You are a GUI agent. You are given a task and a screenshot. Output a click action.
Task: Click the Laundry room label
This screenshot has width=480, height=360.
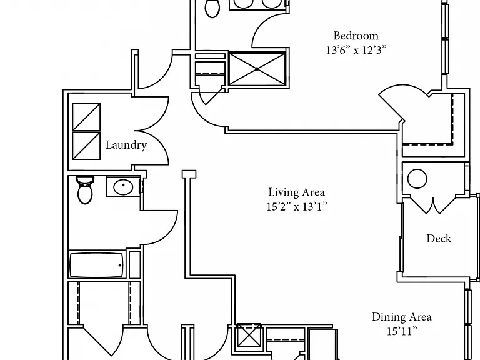(x=126, y=145)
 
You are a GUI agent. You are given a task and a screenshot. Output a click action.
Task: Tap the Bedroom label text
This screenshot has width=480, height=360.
(x=356, y=36)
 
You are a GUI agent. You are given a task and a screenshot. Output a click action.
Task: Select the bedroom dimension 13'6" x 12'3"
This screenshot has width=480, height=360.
(x=356, y=50)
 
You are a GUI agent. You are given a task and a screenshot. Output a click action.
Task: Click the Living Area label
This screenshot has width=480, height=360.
(x=296, y=192)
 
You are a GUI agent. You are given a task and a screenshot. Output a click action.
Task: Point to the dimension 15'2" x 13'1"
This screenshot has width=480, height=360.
(x=297, y=207)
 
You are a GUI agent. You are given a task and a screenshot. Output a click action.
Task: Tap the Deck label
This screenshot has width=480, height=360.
(x=439, y=239)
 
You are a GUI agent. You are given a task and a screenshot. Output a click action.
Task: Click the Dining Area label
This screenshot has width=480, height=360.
(x=402, y=317)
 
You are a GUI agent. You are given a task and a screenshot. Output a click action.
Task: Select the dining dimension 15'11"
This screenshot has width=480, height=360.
(x=402, y=331)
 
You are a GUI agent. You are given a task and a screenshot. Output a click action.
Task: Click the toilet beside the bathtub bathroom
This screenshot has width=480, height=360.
(x=85, y=190)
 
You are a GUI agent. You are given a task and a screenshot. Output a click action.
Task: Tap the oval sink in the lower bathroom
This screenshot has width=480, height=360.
(x=123, y=186)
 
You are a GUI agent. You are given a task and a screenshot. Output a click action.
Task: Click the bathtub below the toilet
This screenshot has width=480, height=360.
(x=97, y=264)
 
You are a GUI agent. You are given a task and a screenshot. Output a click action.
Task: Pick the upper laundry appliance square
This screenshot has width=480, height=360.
(x=86, y=117)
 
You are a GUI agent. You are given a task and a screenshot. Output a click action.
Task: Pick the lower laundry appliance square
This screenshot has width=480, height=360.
(x=86, y=146)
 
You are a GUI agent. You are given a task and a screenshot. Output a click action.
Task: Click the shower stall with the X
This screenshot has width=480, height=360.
(x=257, y=69)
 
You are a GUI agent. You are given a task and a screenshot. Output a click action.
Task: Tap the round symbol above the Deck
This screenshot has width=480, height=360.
(x=417, y=178)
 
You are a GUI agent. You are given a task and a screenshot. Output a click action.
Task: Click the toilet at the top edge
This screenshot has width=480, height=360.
(x=212, y=7)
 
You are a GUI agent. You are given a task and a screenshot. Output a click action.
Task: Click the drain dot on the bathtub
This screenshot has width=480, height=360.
(x=120, y=265)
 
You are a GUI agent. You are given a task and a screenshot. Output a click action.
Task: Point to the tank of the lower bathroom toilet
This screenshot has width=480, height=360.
(x=85, y=180)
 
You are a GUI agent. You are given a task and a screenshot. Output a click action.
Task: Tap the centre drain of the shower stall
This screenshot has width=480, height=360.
(x=257, y=69)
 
